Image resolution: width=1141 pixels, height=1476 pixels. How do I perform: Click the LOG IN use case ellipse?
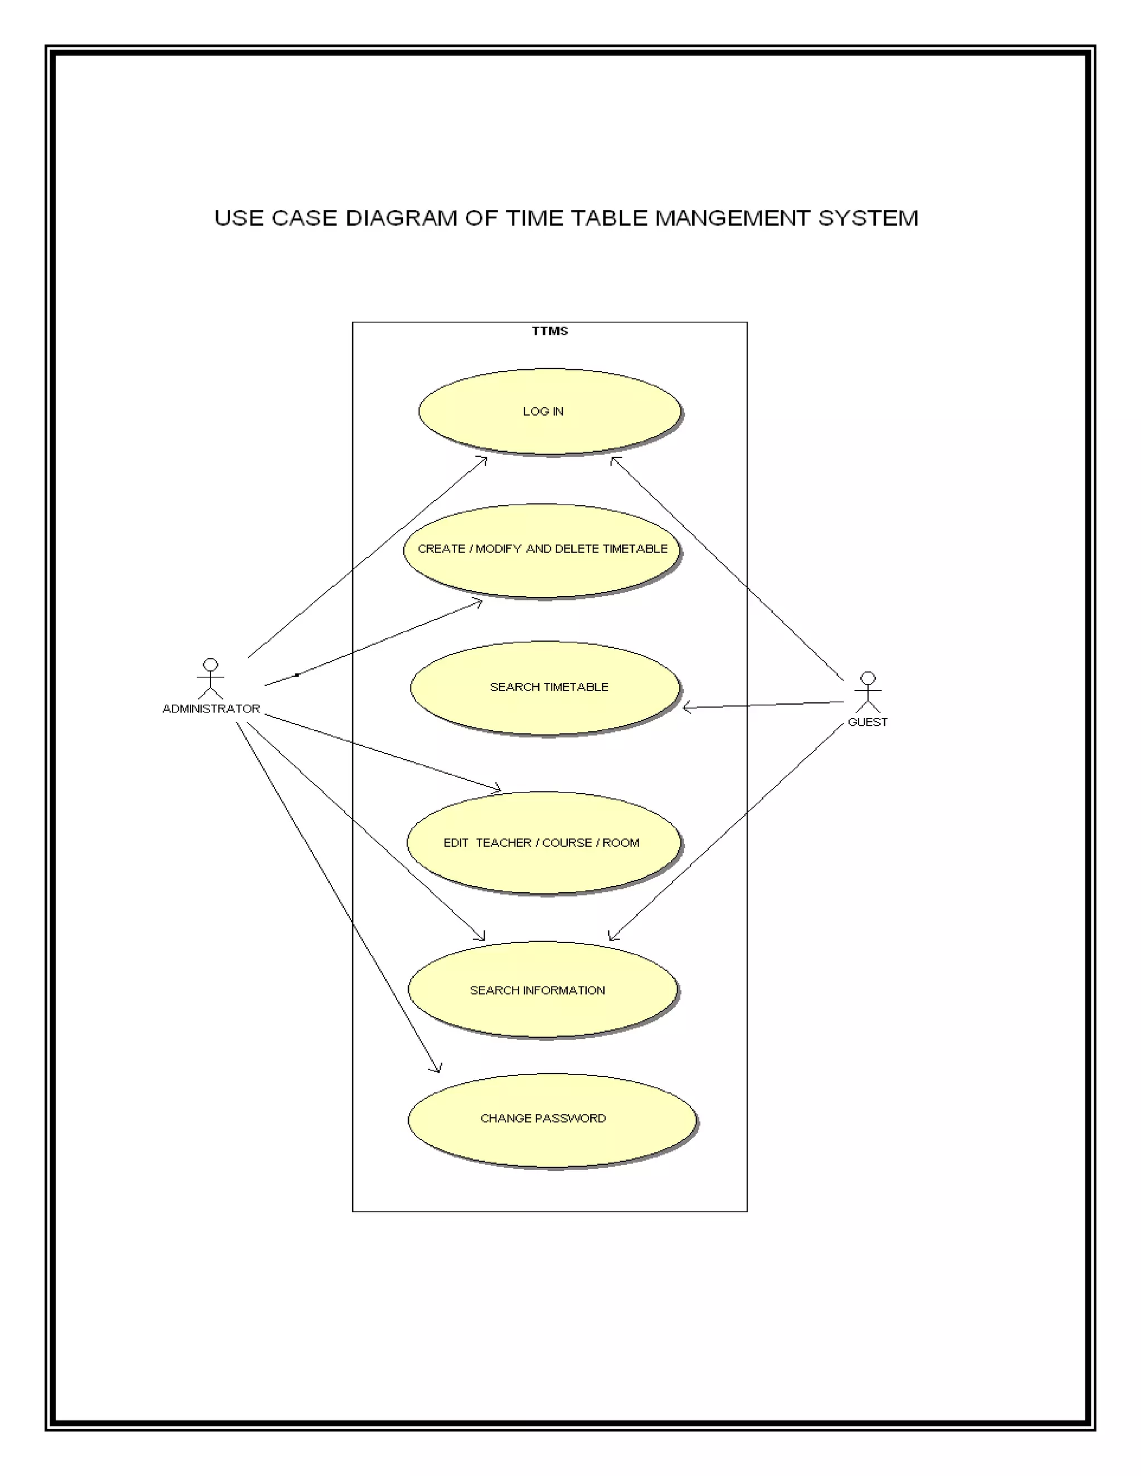(549, 412)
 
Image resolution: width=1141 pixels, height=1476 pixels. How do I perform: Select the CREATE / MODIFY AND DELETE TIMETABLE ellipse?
(542, 550)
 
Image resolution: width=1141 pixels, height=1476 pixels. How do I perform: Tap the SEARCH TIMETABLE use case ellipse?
(545, 687)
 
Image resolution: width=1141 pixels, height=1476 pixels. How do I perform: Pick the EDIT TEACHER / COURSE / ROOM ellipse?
(544, 843)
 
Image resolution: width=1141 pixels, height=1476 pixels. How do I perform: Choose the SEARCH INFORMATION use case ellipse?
(543, 989)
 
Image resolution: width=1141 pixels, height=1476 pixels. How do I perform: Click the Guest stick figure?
(868, 691)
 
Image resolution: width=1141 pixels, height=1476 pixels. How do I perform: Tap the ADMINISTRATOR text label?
(211, 708)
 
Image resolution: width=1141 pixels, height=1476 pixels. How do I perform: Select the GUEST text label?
(867, 722)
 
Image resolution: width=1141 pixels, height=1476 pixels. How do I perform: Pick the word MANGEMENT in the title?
(733, 218)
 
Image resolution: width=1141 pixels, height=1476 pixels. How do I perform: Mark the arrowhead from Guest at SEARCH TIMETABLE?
(687, 707)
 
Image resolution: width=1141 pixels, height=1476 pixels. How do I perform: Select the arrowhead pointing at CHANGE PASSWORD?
(438, 1068)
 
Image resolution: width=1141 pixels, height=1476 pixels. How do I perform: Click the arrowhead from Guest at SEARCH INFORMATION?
(612, 937)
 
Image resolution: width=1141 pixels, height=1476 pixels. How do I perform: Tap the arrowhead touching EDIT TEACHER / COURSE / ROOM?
(498, 789)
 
